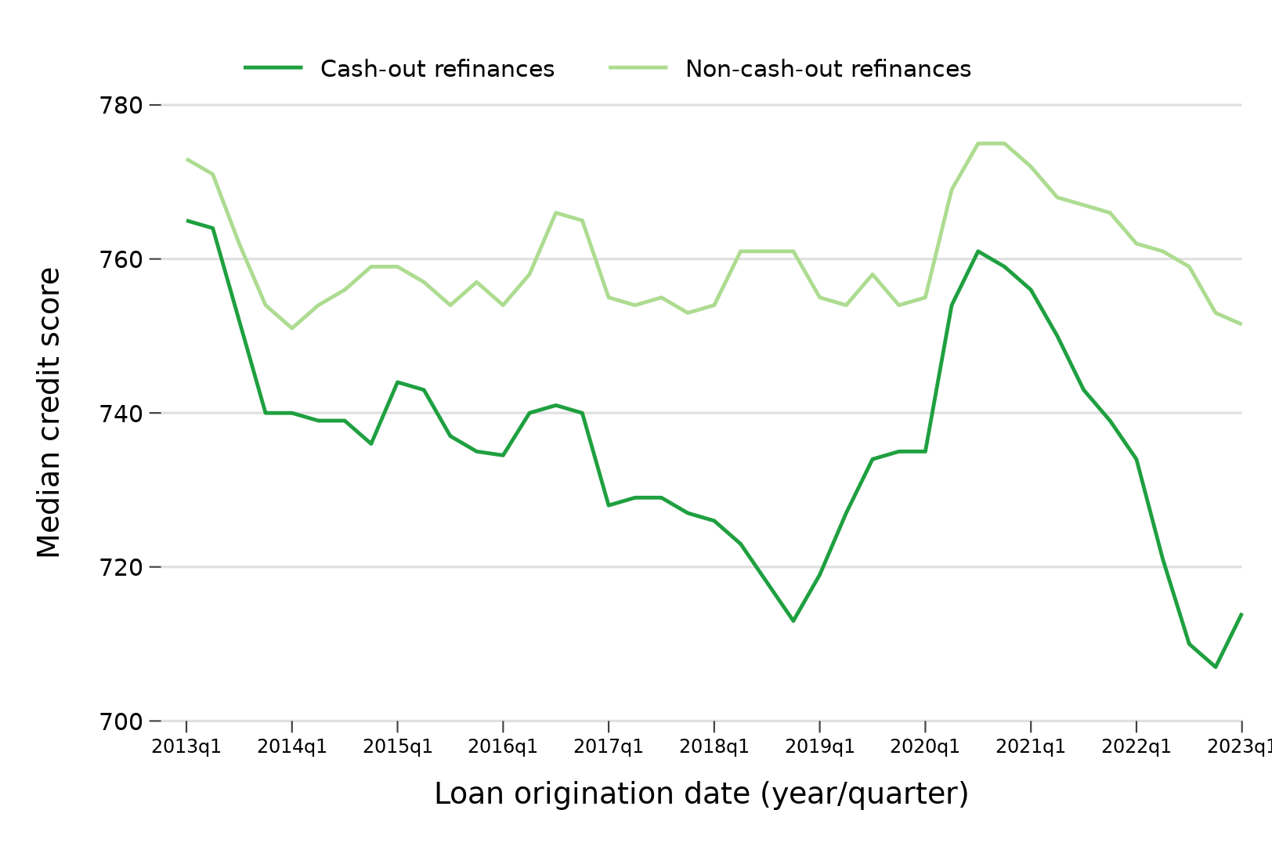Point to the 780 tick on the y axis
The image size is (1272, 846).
[x=121, y=105]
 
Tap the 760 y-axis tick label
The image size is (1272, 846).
[x=121, y=259]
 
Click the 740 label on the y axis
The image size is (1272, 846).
[x=121, y=413]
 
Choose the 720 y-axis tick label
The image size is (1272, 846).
[x=121, y=567]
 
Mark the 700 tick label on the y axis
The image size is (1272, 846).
[x=121, y=721]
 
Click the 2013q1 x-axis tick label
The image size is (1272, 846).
[x=186, y=747]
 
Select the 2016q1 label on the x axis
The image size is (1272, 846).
[x=503, y=747]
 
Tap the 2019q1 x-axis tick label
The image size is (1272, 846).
[x=819, y=747]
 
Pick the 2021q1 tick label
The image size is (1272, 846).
[x=1030, y=747]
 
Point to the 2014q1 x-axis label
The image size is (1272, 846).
[x=292, y=747]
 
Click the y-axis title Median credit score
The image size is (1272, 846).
[x=49, y=413]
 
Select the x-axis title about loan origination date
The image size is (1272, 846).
[x=701, y=794]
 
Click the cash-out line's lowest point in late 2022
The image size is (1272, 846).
[x=1215, y=667]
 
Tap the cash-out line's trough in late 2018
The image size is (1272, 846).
[x=793, y=620]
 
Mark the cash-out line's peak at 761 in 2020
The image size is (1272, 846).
[x=977, y=251]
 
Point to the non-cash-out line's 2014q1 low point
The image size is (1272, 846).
[x=292, y=328]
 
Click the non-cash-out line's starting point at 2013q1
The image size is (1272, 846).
[x=186, y=159]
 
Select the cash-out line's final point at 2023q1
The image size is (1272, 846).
[x=1241, y=613]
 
